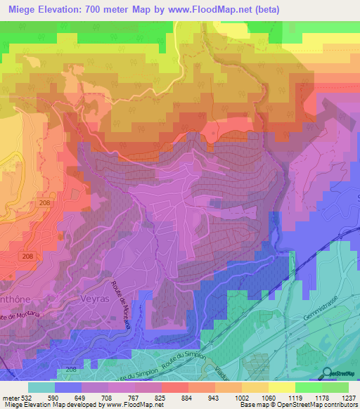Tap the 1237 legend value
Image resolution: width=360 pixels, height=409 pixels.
pos(349,397)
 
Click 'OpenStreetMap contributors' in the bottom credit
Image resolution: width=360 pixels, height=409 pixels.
pos(323,405)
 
